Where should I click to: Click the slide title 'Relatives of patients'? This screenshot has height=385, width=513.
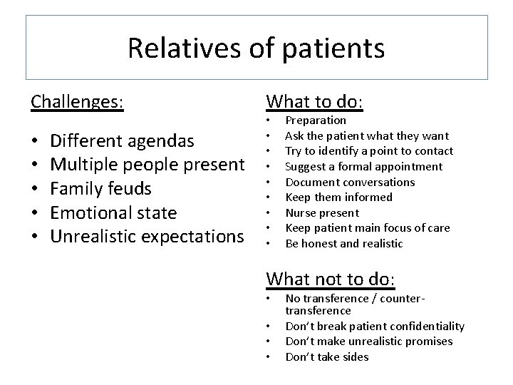coord(256,48)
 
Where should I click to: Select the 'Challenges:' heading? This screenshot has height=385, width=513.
coord(77,102)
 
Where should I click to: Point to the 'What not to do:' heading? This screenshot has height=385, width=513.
coord(331,278)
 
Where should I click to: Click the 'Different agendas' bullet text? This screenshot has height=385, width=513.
coord(123,140)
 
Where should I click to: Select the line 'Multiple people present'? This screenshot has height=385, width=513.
coord(147,165)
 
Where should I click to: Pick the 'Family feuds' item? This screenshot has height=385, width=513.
coord(101,189)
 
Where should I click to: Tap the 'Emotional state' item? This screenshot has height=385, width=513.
coord(114,213)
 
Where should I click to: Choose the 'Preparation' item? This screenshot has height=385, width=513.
coord(316,120)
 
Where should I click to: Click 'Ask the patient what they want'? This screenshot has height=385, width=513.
coord(367,135)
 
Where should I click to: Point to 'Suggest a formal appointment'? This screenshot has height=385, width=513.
coord(364,167)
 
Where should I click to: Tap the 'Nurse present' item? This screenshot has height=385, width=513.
coord(322,212)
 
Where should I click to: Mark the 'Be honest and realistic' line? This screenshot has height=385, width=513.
coord(344,243)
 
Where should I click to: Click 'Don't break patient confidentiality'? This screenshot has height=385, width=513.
coord(375,326)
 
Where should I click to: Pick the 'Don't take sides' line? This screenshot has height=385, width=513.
coord(327,356)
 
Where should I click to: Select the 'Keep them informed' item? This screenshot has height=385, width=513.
coord(338,197)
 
